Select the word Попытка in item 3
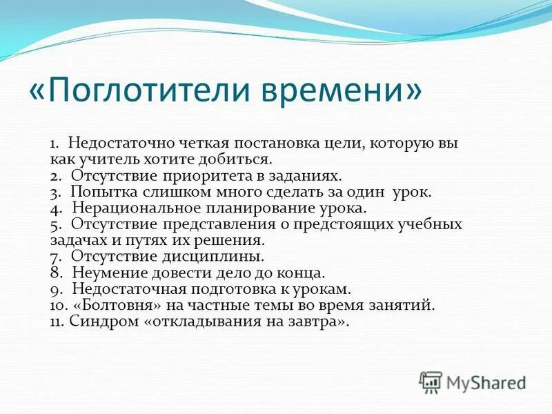tap(98, 193)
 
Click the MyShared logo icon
tap(431, 382)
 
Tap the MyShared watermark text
tap(486, 382)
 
